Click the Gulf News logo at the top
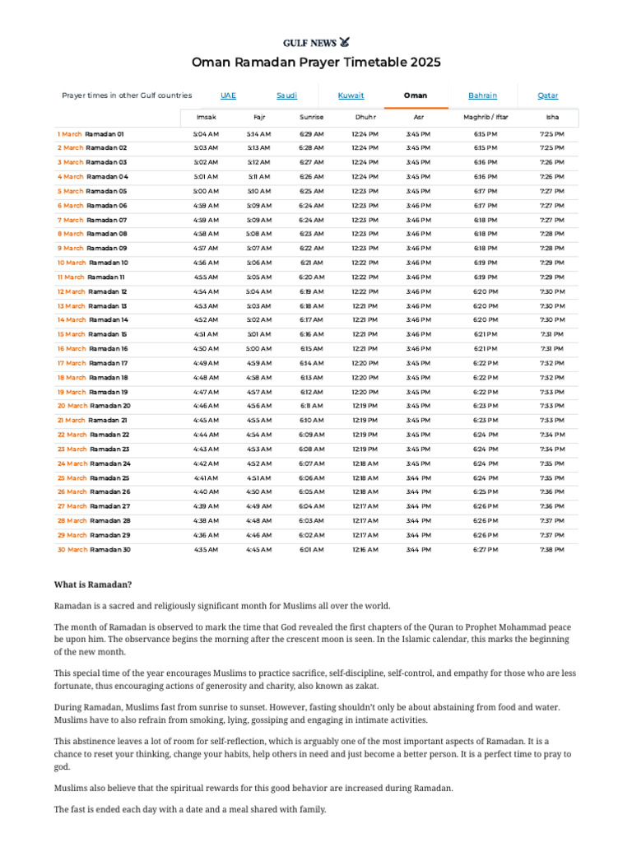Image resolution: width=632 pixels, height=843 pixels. (x=316, y=41)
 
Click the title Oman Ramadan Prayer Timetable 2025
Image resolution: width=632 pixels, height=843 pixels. (x=316, y=63)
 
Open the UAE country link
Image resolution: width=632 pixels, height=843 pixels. (x=228, y=95)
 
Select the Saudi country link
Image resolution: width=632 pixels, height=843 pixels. (x=286, y=95)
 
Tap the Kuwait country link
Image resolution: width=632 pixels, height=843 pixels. (x=351, y=95)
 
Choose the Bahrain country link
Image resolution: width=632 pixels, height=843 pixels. (x=482, y=95)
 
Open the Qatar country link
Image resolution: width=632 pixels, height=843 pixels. (x=547, y=95)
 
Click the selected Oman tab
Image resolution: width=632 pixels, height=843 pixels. (x=416, y=95)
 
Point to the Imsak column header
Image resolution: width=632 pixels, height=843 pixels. (x=206, y=117)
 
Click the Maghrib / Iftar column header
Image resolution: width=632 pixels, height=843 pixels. (x=486, y=117)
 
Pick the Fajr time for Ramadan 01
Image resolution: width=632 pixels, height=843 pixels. (x=258, y=133)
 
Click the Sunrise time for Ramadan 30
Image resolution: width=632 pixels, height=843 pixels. (x=311, y=549)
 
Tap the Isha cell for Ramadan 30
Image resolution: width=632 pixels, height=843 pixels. (x=551, y=549)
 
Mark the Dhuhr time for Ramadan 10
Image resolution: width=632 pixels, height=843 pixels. (x=365, y=263)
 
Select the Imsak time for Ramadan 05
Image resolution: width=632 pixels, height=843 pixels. (x=206, y=191)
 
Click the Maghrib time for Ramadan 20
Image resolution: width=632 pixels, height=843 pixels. (x=486, y=406)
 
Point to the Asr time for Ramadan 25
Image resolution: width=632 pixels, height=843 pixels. (x=418, y=477)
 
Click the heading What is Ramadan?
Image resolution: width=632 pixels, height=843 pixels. (x=93, y=585)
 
